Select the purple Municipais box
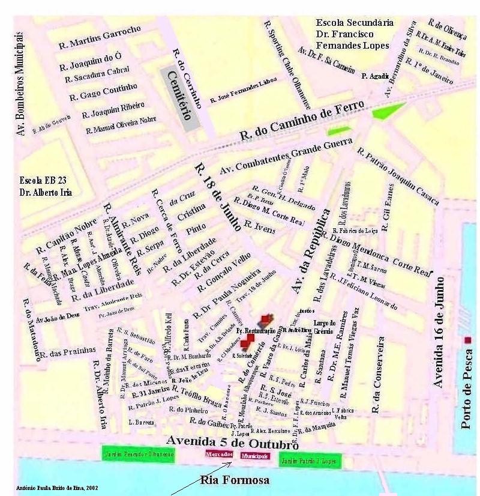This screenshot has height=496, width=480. [255, 456]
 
